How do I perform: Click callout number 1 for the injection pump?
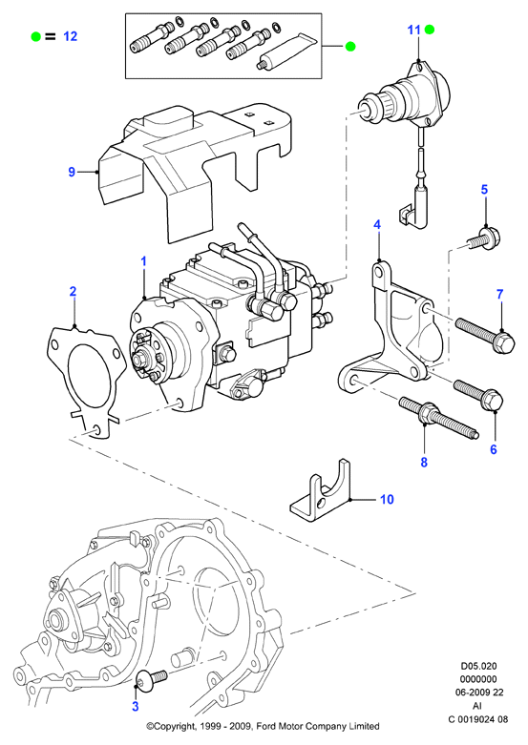click(x=143, y=261)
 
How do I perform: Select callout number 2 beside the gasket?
click(x=73, y=291)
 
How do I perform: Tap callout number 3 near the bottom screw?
click(x=135, y=707)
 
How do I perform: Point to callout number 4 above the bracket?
click(x=377, y=225)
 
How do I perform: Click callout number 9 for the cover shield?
click(x=72, y=172)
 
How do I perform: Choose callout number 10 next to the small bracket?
click(x=388, y=499)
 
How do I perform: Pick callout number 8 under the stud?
click(x=424, y=462)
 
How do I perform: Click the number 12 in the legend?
click(x=70, y=36)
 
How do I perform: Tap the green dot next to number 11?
click(x=430, y=30)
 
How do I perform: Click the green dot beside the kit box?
click(x=350, y=46)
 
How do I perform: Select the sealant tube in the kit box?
click(x=285, y=52)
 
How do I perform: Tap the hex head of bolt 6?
click(x=492, y=400)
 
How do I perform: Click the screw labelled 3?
click(x=151, y=679)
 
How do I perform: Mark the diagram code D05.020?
click(x=478, y=666)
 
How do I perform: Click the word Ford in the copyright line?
click(x=266, y=726)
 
